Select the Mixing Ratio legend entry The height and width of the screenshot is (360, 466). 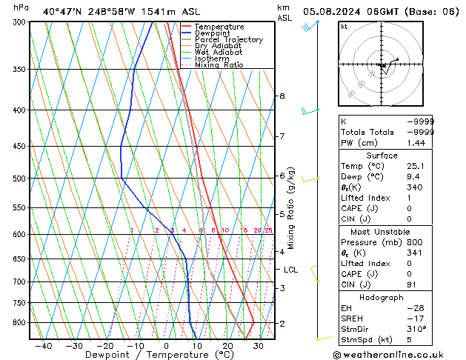point(219,65)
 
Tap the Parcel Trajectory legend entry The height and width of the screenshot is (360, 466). point(228,40)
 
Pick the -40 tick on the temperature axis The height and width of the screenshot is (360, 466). point(43,346)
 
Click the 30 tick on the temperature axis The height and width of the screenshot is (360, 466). point(259,346)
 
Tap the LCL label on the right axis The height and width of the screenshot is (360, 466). point(290,270)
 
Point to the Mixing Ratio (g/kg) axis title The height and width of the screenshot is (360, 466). point(292,208)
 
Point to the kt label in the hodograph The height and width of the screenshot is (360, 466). point(344,27)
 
